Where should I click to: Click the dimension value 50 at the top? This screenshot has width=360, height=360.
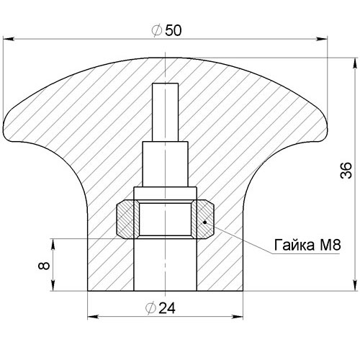pos(174,31)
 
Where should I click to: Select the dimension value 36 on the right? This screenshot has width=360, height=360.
pos(346,171)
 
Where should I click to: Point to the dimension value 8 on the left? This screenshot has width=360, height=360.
pos(44,266)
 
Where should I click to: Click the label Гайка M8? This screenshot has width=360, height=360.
pos(307,245)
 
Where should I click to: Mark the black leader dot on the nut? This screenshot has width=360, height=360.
pos(204,222)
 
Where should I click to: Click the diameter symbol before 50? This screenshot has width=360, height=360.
pos(157,31)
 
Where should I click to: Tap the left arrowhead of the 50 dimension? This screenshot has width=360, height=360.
pos(9,39)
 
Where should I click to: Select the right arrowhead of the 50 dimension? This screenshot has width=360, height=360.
pos(321,39)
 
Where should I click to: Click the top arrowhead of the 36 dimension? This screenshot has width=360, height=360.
pos(355,64)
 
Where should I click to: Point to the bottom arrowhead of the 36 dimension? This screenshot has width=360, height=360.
pos(355,285)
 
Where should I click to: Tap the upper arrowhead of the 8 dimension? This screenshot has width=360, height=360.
pos(53,244)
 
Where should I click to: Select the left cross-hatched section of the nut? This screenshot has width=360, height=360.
pos(125,219)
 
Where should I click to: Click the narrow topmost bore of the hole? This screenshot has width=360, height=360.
pos(166,112)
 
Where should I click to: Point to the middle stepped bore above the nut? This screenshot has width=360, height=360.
pos(165,164)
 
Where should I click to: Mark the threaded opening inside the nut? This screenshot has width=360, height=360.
pos(166,219)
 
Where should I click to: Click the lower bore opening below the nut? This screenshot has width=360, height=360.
pos(165,265)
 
